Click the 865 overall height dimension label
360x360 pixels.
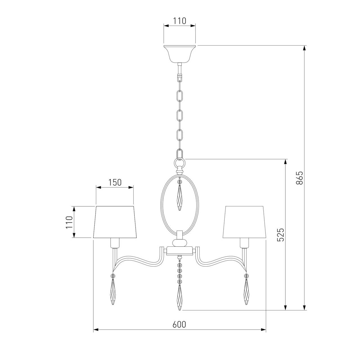(x=300, y=178)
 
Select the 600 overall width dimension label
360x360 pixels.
(x=179, y=325)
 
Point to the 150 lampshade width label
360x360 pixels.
(x=114, y=182)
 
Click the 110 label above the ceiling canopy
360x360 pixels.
(x=179, y=21)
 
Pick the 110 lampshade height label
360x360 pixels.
(x=69, y=222)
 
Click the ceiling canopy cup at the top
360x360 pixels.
(x=179, y=53)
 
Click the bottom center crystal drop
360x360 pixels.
(x=179, y=298)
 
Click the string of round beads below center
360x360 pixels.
(x=179, y=271)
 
